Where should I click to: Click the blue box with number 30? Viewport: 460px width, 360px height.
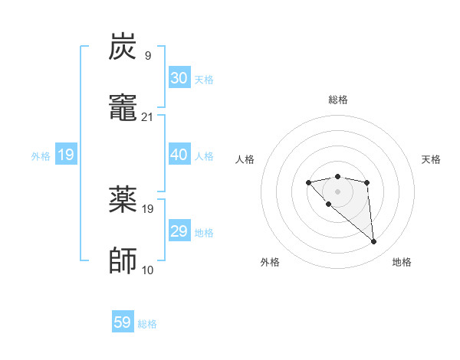click(179, 78)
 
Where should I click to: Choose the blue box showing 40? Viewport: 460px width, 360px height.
click(179, 155)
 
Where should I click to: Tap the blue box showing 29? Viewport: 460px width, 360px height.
click(179, 231)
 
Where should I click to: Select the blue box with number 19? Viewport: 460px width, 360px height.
click(66, 155)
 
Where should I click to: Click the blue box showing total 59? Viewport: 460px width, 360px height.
click(123, 322)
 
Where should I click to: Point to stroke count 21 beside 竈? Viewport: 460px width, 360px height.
click(148, 117)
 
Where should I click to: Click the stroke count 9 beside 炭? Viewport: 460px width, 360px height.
click(148, 55)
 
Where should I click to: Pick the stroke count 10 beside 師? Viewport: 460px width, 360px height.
click(148, 270)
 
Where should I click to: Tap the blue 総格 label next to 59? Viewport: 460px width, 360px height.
click(147, 324)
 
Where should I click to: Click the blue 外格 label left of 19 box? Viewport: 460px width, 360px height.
click(41, 156)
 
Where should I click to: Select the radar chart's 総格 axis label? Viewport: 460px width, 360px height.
click(338, 100)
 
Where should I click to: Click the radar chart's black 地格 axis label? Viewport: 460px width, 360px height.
click(402, 262)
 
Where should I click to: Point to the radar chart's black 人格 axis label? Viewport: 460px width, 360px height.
click(245, 159)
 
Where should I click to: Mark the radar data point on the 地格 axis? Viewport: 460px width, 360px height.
click(374, 242)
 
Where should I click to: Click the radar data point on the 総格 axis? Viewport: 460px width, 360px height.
click(338, 176)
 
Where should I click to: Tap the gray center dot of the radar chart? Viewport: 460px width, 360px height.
click(338, 191)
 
